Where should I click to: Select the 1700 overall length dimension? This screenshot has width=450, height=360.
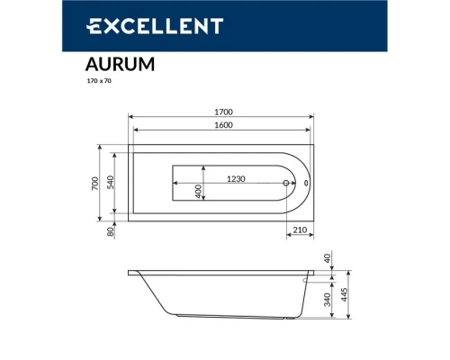tap(222, 112)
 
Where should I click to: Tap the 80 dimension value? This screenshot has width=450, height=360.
tap(111, 230)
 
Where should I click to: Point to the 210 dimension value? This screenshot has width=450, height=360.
tap(300, 231)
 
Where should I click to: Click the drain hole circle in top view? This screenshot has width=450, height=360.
tap(286, 184)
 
